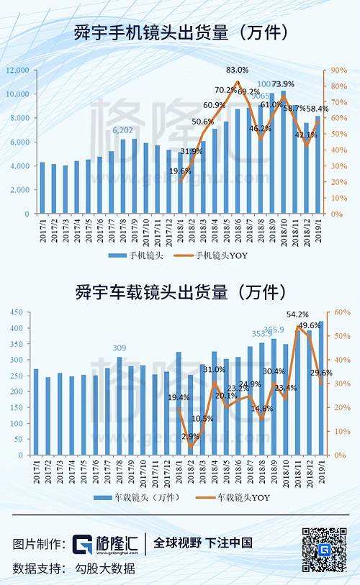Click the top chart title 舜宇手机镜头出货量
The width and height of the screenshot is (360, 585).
pos(180,33)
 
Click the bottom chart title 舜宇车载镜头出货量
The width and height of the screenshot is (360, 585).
pos(180,293)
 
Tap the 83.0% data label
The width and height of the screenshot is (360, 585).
pos(238,70)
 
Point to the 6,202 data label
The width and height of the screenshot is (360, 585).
pos(123,130)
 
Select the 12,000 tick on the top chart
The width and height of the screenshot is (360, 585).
pos(17,71)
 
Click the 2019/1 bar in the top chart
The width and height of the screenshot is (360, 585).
pos(318,165)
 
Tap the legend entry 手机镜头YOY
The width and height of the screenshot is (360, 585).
pos(223,255)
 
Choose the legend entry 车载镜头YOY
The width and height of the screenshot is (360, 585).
pos(242,497)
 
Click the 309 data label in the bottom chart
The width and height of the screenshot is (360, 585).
pos(120,348)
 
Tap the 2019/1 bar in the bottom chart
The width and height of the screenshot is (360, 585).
pos(320,388)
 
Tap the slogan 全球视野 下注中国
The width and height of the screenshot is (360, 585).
pos(203,543)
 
